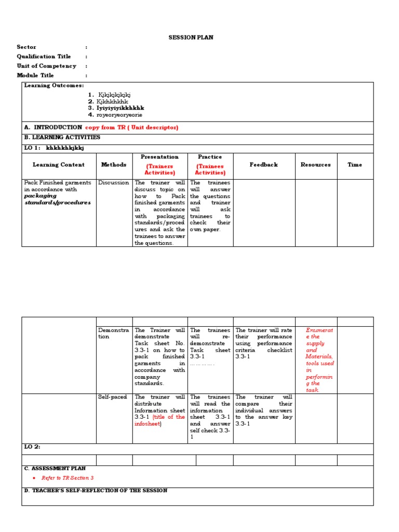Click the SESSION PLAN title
pyautogui.click(x=191, y=38)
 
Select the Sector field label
pyautogui.click(x=26, y=47)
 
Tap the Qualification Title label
pyautogui.click(x=44, y=57)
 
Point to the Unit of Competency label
pyautogui.click(x=46, y=66)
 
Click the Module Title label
pyautogui.click(x=35, y=75)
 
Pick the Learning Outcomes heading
pyautogui.click(x=54, y=86)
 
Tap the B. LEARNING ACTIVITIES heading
pyautogui.click(x=62, y=138)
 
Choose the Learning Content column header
pyautogui.click(x=59, y=165)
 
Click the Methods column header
pyautogui.click(x=114, y=165)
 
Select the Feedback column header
pyautogui.click(x=263, y=165)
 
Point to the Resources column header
pyautogui.click(x=315, y=165)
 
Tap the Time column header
pyautogui.click(x=355, y=165)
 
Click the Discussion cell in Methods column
pyautogui.click(x=113, y=183)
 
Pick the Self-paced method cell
pyautogui.click(x=112, y=397)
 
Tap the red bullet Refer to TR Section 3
pyautogui.click(x=67, y=478)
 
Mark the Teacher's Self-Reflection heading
pyautogui.click(x=96, y=491)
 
